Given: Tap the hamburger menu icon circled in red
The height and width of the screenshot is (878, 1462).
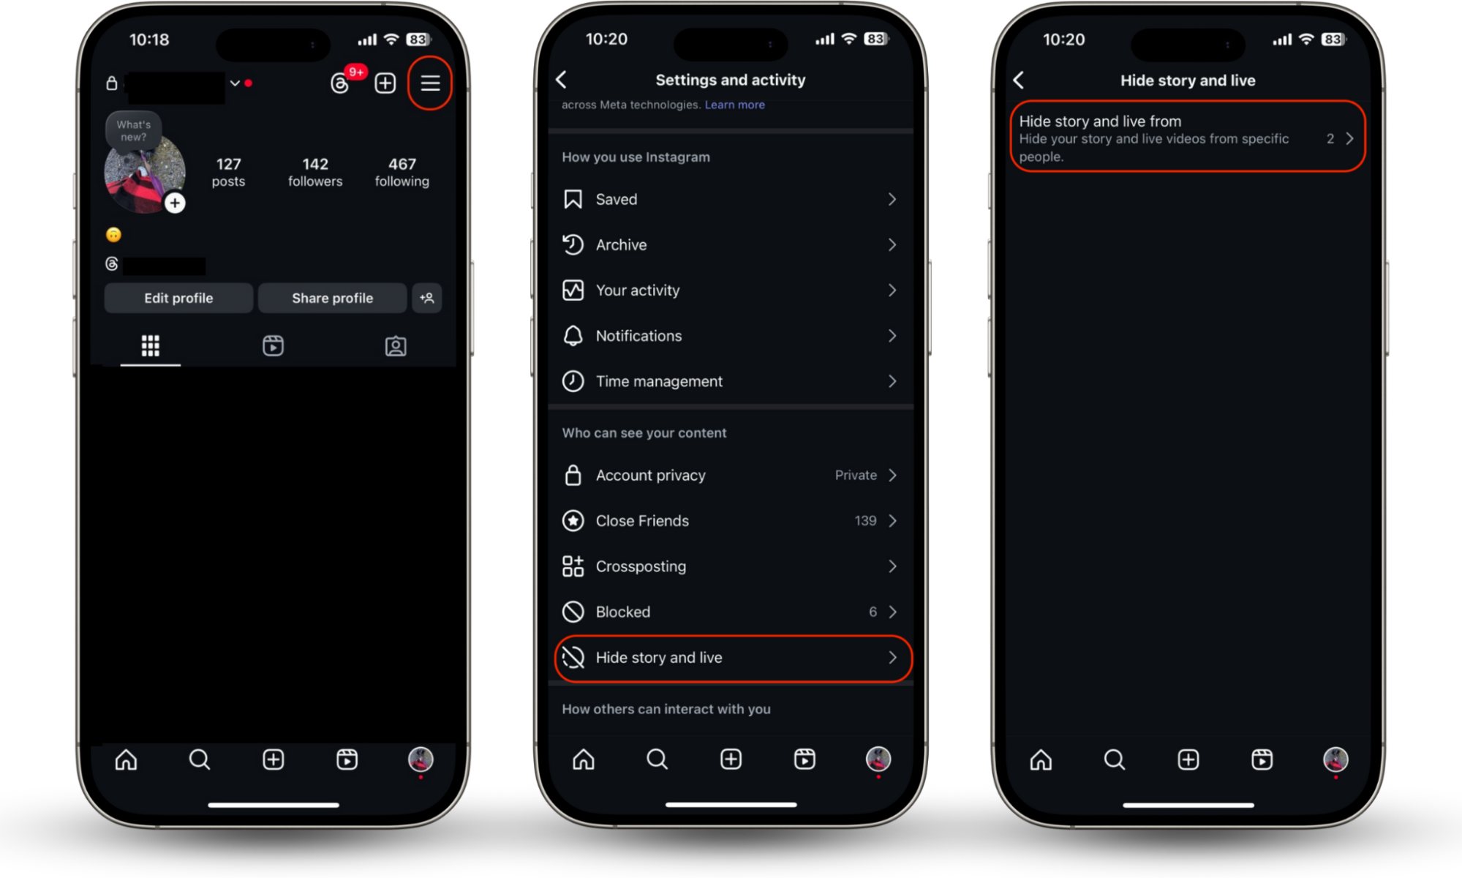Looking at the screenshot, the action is coord(430,83).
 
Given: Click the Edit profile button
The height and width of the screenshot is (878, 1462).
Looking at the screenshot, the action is coord(178,298).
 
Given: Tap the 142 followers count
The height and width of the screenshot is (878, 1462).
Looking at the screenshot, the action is coord(315,172).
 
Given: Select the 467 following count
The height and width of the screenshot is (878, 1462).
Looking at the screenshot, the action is coord(402,172).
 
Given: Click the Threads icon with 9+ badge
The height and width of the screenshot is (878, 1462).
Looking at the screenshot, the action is coord(341,83).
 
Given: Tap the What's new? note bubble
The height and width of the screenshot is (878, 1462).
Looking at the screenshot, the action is coord(133,130).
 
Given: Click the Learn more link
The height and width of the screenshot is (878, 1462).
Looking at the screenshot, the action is coord(734,105).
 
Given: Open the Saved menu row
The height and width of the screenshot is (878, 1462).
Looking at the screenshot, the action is coord(730,199).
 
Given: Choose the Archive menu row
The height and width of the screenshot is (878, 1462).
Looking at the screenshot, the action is coord(730,244).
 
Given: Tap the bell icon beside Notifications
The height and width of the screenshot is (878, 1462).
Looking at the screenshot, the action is coord(573,336).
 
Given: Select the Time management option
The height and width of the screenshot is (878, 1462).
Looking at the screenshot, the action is coord(730,381).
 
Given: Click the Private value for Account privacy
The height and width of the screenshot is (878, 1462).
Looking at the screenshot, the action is coord(856,475).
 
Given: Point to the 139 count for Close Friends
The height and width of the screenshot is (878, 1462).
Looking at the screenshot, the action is coord(865,520).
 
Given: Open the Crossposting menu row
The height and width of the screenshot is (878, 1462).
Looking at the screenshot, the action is coord(730,566).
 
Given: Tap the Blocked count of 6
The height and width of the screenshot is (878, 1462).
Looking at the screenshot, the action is coord(873,612).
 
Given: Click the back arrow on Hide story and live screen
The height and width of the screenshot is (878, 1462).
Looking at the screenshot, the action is coord(1019,80).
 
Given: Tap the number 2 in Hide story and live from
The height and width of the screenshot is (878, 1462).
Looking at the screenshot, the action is coord(1330,138).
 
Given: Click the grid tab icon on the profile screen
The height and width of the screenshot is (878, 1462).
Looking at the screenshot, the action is coord(151,345).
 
